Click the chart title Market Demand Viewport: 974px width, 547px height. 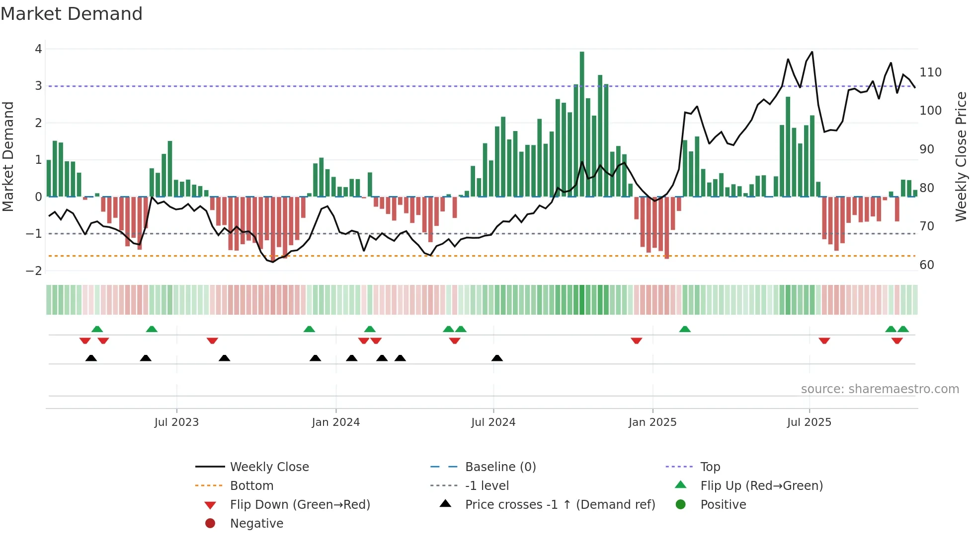[x=72, y=14]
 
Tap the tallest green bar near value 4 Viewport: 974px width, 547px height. [x=582, y=124]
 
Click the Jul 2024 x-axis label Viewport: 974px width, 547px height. [x=493, y=422]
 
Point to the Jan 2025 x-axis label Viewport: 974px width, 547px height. [x=652, y=422]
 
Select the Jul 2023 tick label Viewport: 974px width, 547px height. [x=176, y=422]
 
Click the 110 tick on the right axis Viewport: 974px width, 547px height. [x=930, y=72]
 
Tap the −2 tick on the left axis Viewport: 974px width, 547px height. [x=34, y=271]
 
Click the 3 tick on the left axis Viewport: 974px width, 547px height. [x=38, y=86]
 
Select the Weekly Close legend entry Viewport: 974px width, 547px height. [x=269, y=467]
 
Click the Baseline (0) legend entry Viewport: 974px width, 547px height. [x=500, y=467]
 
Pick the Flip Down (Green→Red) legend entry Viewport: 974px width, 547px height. [x=300, y=505]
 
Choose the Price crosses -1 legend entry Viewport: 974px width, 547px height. [x=560, y=505]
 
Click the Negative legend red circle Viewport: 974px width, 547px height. [x=210, y=524]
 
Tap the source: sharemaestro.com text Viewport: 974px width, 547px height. [x=880, y=389]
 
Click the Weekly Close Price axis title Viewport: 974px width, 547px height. [x=961, y=156]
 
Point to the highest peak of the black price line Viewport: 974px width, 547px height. [x=812, y=52]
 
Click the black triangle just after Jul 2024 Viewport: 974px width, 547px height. [x=497, y=358]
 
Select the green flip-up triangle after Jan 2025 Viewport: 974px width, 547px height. [x=685, y=329]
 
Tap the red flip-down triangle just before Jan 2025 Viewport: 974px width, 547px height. [x=637, y=341]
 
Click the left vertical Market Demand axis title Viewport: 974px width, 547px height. [x=8, y=156]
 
